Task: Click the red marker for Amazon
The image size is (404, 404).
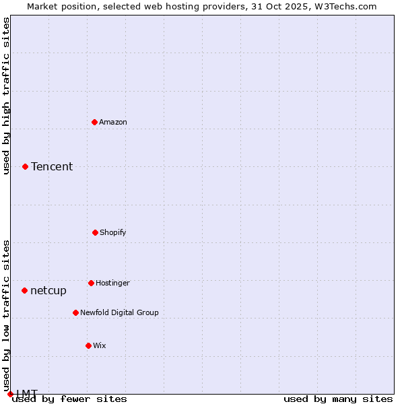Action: click(x=95, y=122)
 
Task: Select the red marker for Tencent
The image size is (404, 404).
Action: click(x=26, y=166)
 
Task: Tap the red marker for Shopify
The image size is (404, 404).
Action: click(x=95, y=232)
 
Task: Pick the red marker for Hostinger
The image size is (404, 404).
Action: click(x=91, y=283)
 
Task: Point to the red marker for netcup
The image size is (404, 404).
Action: click(x=25, y=290)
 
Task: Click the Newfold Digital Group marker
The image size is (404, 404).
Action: click(x=75, y=312)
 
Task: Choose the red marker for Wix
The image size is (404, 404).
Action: click(x=88, y=345)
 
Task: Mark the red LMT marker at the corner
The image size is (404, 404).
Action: click(x=10, y=394)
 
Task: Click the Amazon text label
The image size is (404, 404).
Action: click(x=113, y=122)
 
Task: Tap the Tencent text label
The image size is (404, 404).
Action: click(x=52, y=166)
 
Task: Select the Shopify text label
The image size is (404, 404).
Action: click(x=113, y=232)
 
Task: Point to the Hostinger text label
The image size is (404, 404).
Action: click(x=112, y=283)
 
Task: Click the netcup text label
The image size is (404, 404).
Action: click(x=48, y=290)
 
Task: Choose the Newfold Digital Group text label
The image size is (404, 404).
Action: click(x=119, y=312)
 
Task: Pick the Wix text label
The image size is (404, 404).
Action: click(x=100, y=345)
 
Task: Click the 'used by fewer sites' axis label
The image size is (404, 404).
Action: click(x=69, y=399)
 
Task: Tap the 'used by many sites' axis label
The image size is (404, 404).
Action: click(x=338, y=399)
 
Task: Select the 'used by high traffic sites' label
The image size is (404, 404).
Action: click(x=6, y=96)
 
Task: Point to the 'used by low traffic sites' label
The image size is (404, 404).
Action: click(x=6, y=316)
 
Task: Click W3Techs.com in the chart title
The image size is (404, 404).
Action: click(x=344, y=6)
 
